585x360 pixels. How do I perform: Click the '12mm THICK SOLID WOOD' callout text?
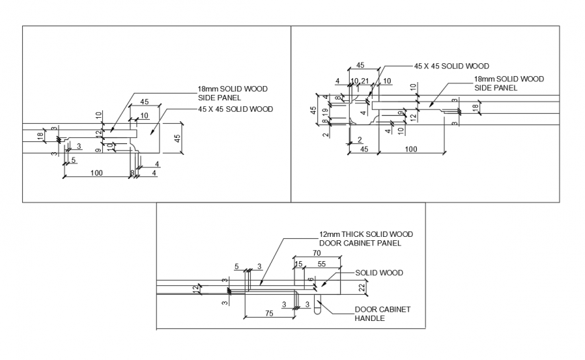click(366, 234)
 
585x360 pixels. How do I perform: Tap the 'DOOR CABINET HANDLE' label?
click(382, 314)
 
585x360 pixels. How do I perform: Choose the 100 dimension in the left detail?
click(97, 174)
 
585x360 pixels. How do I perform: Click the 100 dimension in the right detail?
click(409, 149)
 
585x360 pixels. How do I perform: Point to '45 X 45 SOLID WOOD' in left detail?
click(235, 109)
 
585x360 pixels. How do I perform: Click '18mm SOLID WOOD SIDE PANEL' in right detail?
click(509, 83)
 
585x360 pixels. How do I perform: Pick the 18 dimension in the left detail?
click(40, 137)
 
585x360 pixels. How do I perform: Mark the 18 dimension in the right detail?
click(475, 107)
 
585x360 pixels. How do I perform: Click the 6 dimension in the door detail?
click(310, 279)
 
